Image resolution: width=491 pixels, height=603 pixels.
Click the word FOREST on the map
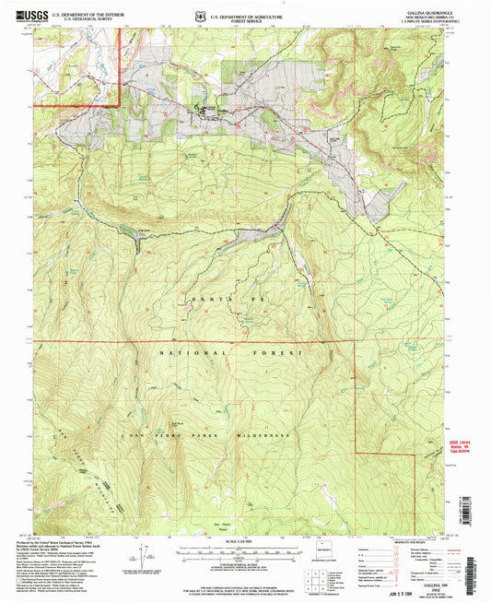[276, 353]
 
